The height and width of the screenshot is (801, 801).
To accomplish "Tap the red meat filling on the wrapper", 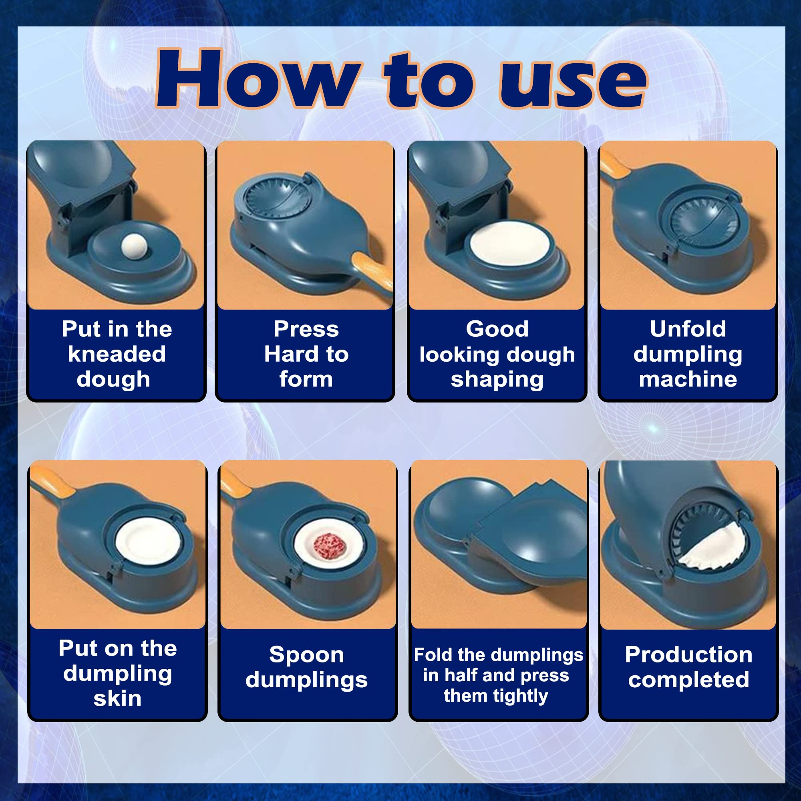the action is coord(329,546).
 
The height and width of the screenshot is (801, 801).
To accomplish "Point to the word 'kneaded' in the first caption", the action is coord(117,354).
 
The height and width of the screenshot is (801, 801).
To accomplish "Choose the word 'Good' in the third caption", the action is coord(497,329).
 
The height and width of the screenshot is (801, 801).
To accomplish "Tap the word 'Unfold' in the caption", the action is coord(688,329).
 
